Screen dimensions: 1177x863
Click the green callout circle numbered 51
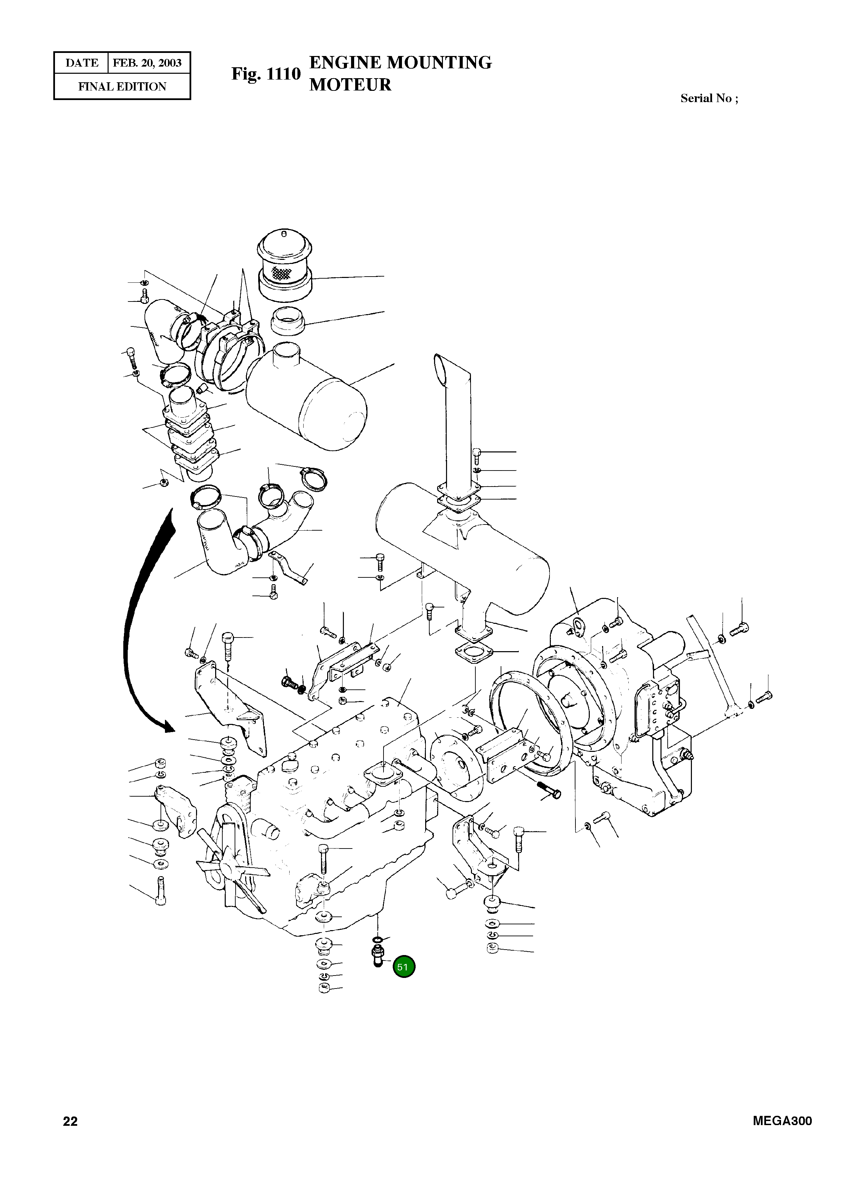tap(403, 967)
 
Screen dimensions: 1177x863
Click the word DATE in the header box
tap(82, 63)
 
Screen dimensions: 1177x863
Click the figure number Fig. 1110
tap(266, 74)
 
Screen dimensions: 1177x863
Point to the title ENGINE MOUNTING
tap(400, 63)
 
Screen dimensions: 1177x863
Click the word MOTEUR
tap(350, 85)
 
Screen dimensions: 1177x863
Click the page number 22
tap(70, 1121)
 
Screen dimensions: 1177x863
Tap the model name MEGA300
tap(782, 1121)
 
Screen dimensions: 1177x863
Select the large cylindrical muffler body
tap(465, 554)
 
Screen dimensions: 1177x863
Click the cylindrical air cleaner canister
tap(308, 397)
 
